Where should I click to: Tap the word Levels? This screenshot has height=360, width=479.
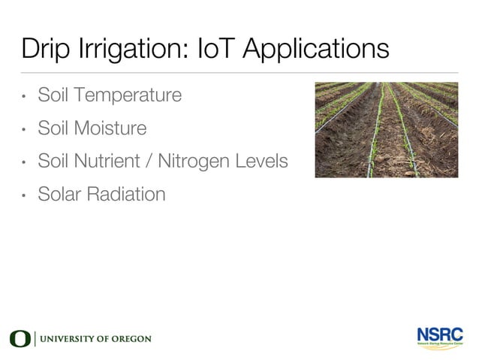(264, 161)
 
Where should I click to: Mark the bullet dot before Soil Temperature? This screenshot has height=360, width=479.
(24, 97)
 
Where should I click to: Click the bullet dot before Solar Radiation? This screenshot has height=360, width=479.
(24, 195)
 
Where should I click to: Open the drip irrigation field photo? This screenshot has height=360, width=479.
(386, 129)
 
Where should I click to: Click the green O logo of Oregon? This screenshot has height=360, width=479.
(20, 339)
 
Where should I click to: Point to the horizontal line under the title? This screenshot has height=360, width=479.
(239, 73)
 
